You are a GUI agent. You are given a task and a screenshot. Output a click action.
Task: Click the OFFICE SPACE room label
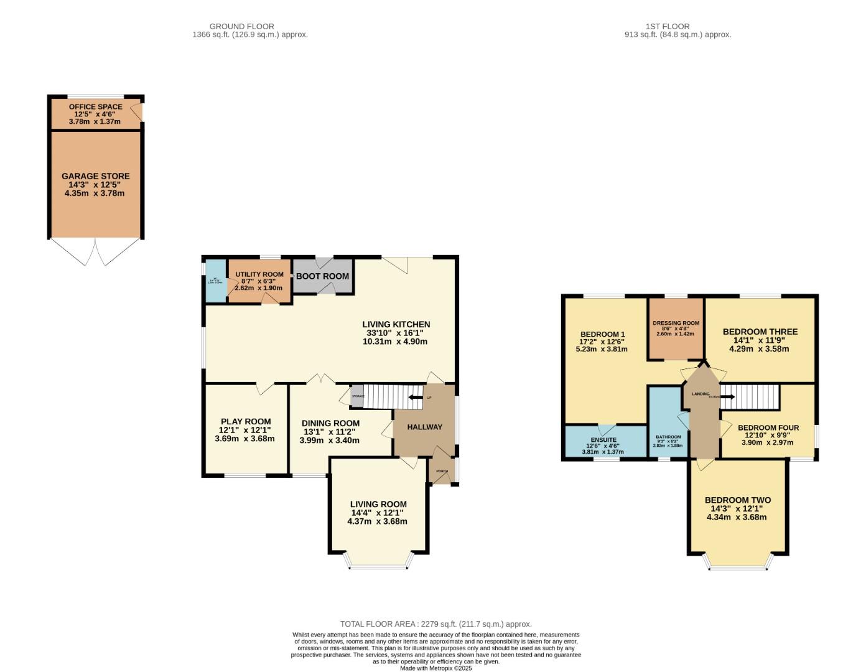click(95, 107)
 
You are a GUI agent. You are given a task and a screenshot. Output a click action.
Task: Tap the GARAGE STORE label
click(95, 177)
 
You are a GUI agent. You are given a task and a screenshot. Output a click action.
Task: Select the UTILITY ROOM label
click(259, 274)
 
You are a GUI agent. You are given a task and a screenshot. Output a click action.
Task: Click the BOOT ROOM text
click(322, 276)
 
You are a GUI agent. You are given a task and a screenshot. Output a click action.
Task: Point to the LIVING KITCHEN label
click(396, 324)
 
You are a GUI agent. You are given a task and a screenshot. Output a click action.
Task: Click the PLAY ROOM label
click(246, 422)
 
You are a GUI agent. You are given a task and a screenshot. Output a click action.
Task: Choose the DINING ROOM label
click(330, 423)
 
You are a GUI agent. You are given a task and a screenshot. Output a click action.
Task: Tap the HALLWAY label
click(424, 427)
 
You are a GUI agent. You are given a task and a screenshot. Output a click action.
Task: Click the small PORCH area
click(442, 471)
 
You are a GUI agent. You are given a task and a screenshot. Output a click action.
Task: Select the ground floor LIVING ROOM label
click(378, 505)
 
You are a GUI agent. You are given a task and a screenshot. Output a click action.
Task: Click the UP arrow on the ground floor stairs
click(414, 397)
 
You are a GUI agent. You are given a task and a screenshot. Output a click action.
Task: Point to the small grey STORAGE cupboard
click(357, 396)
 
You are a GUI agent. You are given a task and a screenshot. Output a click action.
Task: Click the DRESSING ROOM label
click(676, 324)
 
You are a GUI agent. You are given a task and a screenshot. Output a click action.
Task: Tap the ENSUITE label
click(603, 440)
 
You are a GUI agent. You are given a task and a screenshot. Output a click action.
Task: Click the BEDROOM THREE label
click(760, 332)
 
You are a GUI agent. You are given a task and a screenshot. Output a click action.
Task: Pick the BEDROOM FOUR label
click(768, 428)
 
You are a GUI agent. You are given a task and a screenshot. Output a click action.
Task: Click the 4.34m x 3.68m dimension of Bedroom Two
click(737, 517)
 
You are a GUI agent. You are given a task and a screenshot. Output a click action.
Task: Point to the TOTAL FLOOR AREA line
click(435, 624)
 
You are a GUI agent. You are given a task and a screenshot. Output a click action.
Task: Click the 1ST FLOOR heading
click(667, 26)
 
